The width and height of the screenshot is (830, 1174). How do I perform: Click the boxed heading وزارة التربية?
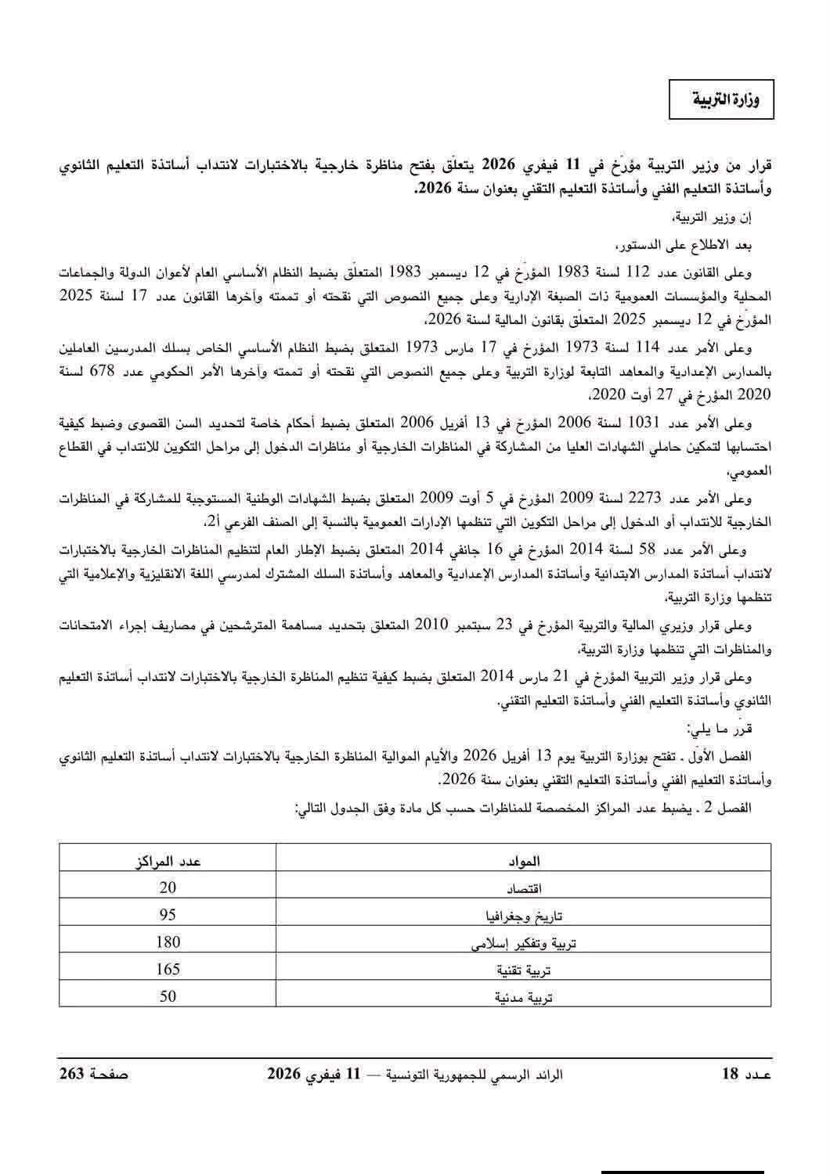click(721, 99)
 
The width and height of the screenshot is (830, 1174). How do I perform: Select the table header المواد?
click(522, 862)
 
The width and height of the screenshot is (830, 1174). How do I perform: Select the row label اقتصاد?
click(522, 889)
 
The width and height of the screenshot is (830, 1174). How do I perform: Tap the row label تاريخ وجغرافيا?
click(522, 917)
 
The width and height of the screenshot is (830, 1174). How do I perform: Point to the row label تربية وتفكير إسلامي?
click(522, 944)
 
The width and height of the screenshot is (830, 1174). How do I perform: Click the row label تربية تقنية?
click(522, 971)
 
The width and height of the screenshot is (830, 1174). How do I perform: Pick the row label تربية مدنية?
click(522, 998)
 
